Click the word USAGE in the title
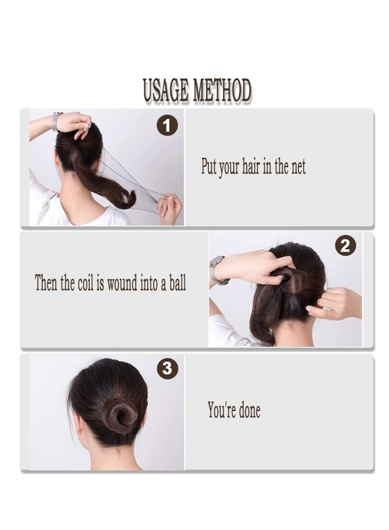point(166,91)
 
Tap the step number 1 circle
point(167,127)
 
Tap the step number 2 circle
point(345,247)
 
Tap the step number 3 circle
point(167,369)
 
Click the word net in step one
point(298,167)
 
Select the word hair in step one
point(251,167)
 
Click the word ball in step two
point(177,283)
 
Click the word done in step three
point(248,410)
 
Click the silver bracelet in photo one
point(56,121)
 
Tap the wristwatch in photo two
point(216,270)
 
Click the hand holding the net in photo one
point(170,208)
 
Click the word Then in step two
point(46,283)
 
